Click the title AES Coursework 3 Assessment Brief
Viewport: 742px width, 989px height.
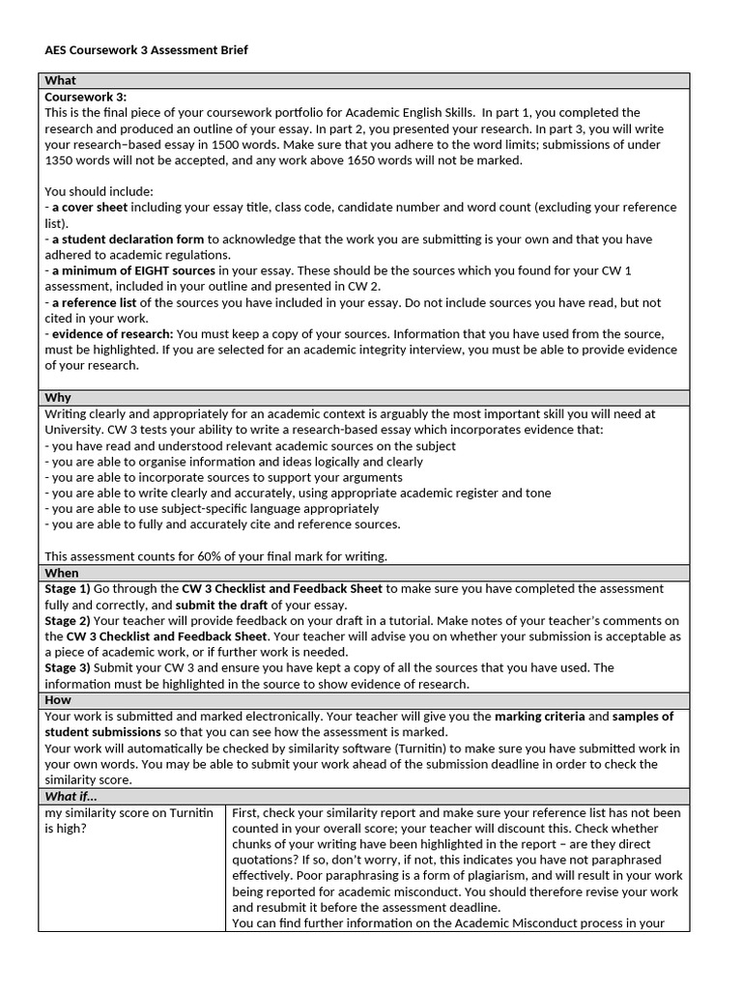pyautogui.click(x=146, y=49)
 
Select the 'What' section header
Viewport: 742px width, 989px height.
pyautogui.click(x=61, y=80)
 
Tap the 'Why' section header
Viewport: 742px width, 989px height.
pyautogui.click(x=58, y=397)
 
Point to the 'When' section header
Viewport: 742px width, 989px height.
pyautogui.click(x=62, y=573)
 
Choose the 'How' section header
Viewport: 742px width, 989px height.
pyautogui.click(x=59, y=699)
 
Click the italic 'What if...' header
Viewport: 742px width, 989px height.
pyautogui.click(x=71, y=796)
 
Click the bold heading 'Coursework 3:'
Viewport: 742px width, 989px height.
pyautogui.click(x=86, y=97)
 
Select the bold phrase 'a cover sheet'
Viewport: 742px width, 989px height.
pyautogui.click(x=89, y=208)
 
